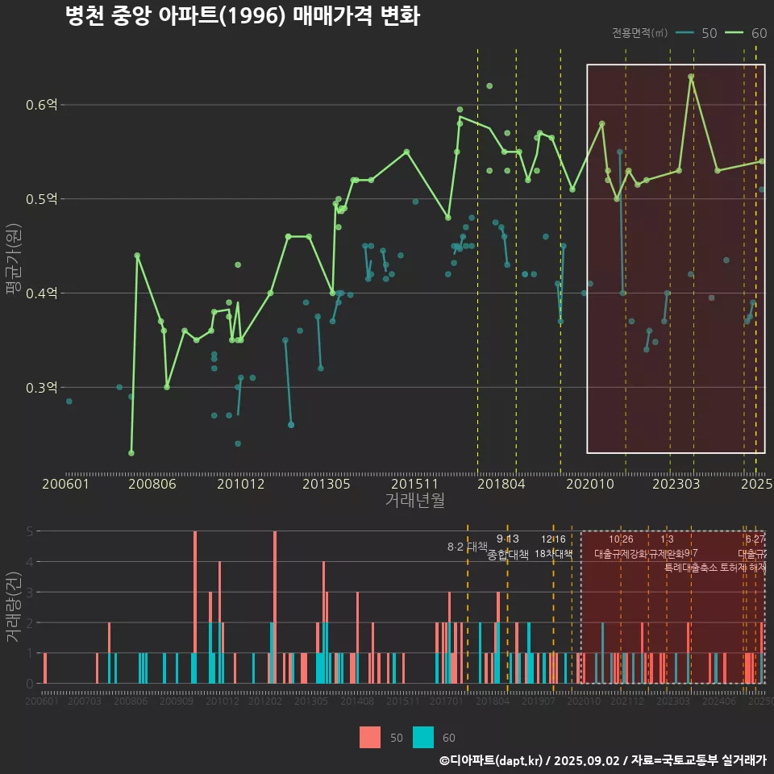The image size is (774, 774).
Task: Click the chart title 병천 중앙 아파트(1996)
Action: [x=242, y=17]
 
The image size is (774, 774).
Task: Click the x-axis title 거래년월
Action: [x=414, y=501]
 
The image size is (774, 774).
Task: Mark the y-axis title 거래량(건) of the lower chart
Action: [x=13, y=607]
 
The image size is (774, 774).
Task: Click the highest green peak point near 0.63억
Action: [x=691, y=77]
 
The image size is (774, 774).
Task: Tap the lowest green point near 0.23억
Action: [x=131, y=453]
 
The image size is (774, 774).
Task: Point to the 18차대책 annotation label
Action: [x=553, y=554]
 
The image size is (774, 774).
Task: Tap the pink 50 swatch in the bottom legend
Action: [x=369, y=737]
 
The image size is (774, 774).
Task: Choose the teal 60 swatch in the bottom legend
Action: [x=423, y=737]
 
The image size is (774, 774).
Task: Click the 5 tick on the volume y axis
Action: [x=29, y=531]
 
